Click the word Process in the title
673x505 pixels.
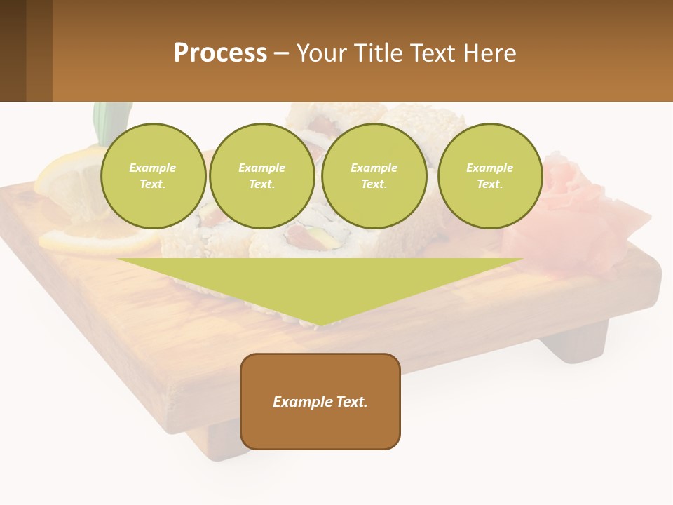click(220, 53)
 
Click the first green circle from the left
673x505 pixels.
click(153, 176)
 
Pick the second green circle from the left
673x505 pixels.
click(261, 176)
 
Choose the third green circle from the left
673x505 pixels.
click(374, 176)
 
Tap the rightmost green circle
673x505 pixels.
click(489, 176)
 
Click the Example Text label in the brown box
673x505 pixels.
click(320, 402)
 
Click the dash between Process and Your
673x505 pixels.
click(282, 53)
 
